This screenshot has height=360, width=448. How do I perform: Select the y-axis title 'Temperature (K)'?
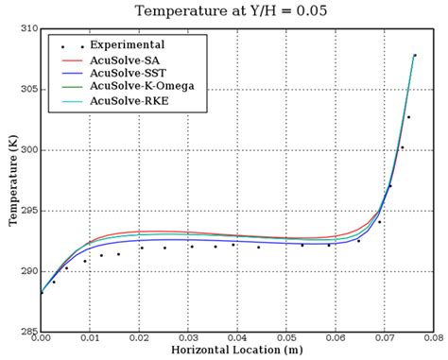click(x=11, y=180)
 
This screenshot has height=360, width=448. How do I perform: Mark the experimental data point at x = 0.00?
click(x=42, y=292)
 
